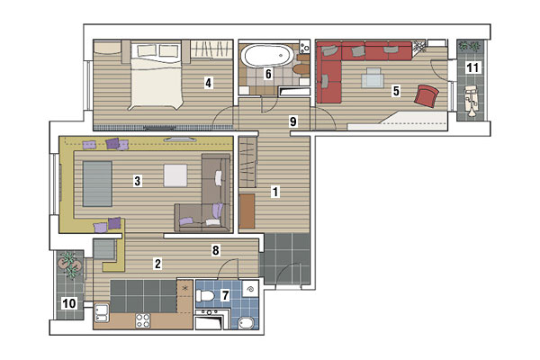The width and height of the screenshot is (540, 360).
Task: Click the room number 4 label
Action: [208, 83]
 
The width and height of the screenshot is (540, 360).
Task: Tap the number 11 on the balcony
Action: [472, 67]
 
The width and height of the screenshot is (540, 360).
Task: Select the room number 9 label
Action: [293, 121]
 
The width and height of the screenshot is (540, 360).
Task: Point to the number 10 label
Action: [69, 303]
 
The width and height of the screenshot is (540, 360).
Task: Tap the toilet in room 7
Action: [203, 295]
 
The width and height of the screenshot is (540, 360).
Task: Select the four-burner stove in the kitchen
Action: [143, 320]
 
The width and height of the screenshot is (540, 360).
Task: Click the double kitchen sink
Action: [102, 313]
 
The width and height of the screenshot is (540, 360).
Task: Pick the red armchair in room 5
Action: [427, 95]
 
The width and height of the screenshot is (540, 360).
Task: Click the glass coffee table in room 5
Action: [373, 77]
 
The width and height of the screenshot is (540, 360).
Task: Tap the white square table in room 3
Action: [175, 175]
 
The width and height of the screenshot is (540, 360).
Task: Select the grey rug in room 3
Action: [97, 184]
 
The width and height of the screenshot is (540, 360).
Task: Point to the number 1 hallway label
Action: [275, 192]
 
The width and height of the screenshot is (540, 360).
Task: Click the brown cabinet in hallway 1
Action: [247, 211]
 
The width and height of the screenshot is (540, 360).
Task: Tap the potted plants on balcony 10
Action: [71, 264]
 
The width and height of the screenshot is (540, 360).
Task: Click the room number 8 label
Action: [216, 250]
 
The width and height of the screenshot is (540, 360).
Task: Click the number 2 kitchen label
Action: [157, 264]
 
